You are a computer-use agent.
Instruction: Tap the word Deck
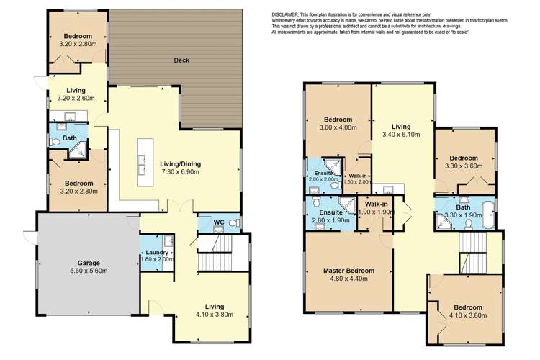click(181, 60)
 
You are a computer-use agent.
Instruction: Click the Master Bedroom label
click(348, 271)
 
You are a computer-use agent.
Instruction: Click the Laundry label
click(156, 253)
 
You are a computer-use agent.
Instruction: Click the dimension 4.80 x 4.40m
click(348, 280)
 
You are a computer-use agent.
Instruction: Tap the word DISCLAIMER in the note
click(289, 14)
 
